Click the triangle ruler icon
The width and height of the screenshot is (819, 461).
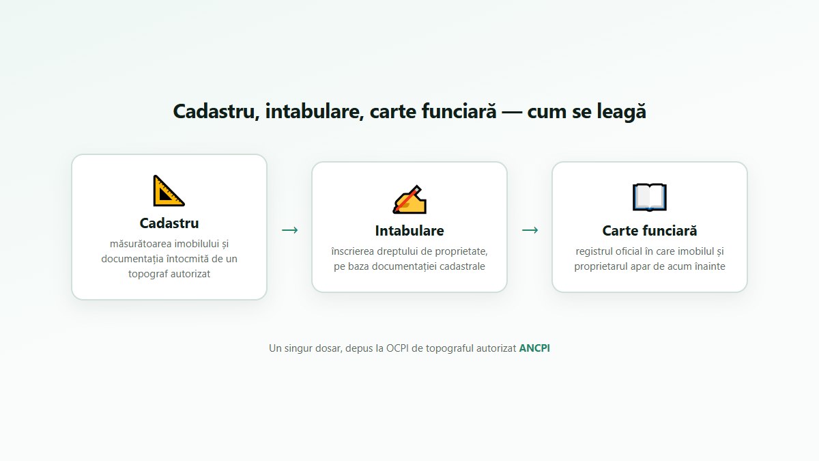tap(169, 191)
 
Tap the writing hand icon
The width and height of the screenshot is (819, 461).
tap(409, 199)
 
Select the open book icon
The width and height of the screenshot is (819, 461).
tap(649, 197)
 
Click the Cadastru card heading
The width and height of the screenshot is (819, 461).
tap(169, 223)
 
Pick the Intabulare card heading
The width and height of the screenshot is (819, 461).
tap(409, 231)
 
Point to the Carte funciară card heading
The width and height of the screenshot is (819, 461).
tap(649, 231)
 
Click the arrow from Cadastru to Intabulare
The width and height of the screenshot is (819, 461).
tap(289, 230)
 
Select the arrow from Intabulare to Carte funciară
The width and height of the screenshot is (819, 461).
tap(530, 230)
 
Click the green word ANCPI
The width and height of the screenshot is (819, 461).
tap(534, 348)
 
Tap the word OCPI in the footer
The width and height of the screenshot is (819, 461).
tap(397, 348)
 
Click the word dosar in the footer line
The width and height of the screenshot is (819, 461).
tap(328, 348)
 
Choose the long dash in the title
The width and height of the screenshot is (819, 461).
tap(512, 111)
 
